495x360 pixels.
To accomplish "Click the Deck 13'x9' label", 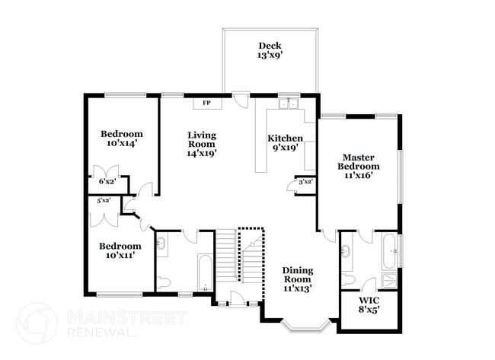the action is pyautogui.click(x=270, y=50).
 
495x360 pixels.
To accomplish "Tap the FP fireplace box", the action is pyautogui.click(x=207, y=104).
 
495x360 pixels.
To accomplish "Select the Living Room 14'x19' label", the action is pyautogui.click(x=202, y=144).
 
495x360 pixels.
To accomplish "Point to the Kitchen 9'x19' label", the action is pyautogui.click(x=285, y=142).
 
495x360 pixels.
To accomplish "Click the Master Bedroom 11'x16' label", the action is pyautogui.click(x=359, y=166).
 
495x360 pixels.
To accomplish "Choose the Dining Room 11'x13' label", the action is pyautogui.click(x=298, y=279).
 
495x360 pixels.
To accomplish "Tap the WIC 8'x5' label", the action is pyautogui.click(x=369, y=304).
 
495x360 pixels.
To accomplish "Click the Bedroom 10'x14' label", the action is pyautogui.click(x=122, y=139).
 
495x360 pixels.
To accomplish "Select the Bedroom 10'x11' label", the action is pyautogui.click(x=120, y=250).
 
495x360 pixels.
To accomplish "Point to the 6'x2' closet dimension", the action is pyautogui.click(x=107, y=181).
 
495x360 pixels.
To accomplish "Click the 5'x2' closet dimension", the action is pyautogui.click(x=104, y=200).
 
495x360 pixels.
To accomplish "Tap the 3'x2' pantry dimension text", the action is pyautogui.click(x=305, y=182).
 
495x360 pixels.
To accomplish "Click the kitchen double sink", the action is pyautogui.click(x=289, y=104).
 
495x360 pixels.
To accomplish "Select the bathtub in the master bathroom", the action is pyautogui.click(x=390, y=251).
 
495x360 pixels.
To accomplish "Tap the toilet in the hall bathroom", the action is pyautogui.click(x=164, y=282).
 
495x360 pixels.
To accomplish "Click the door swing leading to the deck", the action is pyautogui.click(x=242, y=100).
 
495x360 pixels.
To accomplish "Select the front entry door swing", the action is pyautogui.click(x=238, y=299).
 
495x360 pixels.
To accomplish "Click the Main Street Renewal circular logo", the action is pyautogui.click(x=37, y=323).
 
